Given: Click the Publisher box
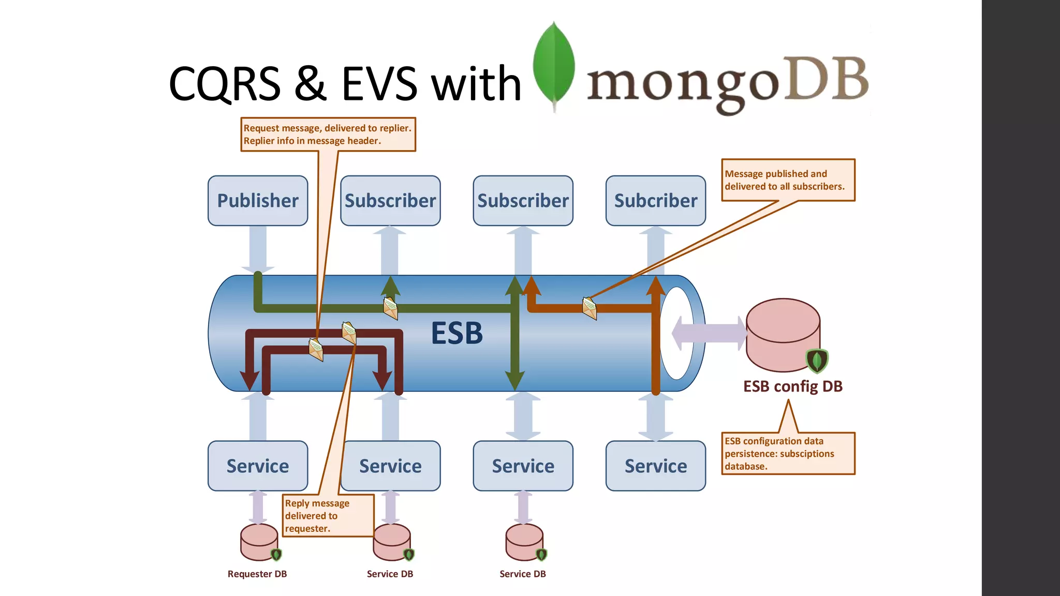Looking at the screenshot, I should coord(258,201).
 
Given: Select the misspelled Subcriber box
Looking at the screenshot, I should coord(655,201).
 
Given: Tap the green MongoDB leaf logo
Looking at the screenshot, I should coord(554,65).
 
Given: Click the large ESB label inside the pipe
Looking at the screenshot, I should coord(457,333).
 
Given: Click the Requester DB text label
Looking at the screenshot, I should coord(257,574).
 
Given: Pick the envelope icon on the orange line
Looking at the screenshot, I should coord(589,308).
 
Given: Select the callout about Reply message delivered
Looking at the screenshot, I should coord(328,516).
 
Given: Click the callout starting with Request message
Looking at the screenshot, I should coord(328,135).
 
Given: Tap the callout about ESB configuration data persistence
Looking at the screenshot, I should coord(788,453).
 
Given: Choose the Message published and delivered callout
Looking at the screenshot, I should coord(788,180).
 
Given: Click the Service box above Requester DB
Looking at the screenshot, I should coord(258,466).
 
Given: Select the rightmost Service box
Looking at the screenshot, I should coord(655,466).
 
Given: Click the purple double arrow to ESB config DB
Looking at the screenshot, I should coord(709,333).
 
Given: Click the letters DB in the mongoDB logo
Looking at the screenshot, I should coord(826,79).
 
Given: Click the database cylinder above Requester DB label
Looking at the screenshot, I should coord(259,542).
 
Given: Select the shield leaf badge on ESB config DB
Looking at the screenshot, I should coord(817,360).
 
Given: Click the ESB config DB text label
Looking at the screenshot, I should coord(792,386).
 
